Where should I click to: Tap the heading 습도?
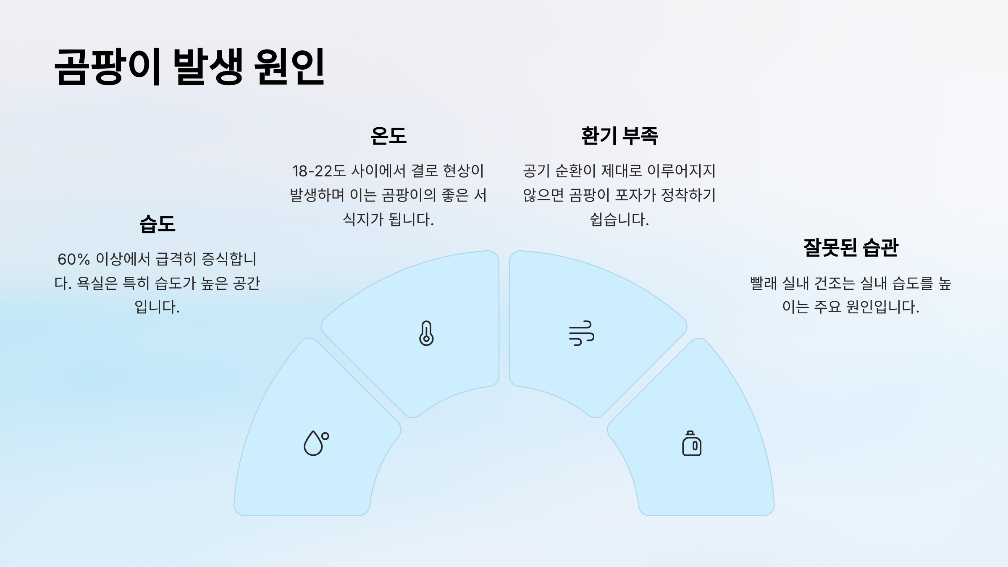pyautogui.click(x=157, y=224)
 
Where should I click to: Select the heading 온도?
pyautogui.click(x=388, y=136)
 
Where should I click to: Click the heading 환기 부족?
pyautogui.click(x=619, y=136)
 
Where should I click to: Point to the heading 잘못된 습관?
pyautogui.click(x=850, y=247)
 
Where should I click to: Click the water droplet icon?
pyautogui.click(x=316, y=443)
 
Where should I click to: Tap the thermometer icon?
pyautogui.click(x=426, y=333)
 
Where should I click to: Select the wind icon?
pyautogui.click(x=581, y=333)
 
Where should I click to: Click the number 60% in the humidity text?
pyautogui.click(x=73, y=259)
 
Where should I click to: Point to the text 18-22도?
pyautogui.click(x=319, y=171)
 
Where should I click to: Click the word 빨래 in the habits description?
pyautogui.click(x=763, y=283)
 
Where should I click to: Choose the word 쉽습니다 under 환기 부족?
pyautogui.click(x=619, y=220)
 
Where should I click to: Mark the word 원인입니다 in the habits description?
pyautogui.click(x=882, y=307)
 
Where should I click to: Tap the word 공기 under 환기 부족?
pyautogui.click(x=536, y=171)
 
